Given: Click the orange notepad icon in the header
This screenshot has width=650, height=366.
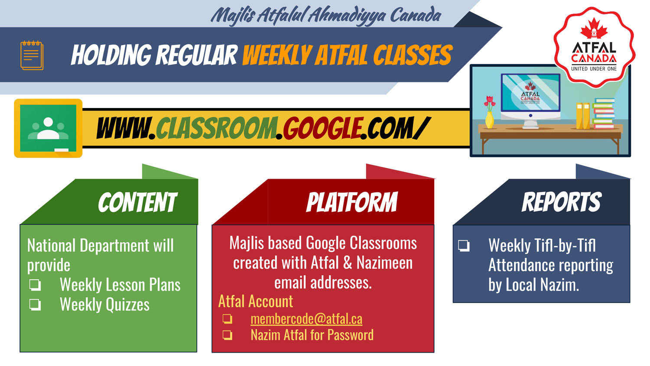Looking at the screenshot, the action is tap(32, 55).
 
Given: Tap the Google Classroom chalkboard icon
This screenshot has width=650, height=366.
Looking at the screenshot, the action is tap(48, 128).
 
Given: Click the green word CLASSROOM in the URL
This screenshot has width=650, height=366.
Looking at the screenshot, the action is tap(217, 128).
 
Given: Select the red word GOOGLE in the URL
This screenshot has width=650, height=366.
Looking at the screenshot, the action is tap(322, 128).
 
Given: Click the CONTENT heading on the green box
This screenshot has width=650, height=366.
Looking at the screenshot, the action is tap(137, 202).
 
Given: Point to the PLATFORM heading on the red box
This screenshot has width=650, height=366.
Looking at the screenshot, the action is tap(352, 202).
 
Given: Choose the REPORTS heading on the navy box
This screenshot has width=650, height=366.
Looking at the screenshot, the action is tap(562, 202).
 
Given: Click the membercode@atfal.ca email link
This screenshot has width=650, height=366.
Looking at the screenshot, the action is tap(306, 319).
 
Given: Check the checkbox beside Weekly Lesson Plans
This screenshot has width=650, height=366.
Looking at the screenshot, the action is tap(35, 285).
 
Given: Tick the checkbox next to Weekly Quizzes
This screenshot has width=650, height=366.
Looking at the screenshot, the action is tap(35, 305).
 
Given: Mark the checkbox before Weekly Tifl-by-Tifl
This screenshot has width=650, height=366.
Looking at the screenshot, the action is tap(464, 245).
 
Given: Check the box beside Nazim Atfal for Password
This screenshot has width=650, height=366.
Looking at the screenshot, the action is tap(227, 335).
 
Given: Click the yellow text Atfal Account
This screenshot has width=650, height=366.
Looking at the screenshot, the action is tap(256, 301).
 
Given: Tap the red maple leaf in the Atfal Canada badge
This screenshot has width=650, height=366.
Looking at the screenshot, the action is tap(594, 28).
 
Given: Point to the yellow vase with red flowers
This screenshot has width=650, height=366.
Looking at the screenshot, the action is tap(490, 112).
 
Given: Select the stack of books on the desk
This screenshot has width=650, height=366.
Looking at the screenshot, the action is tap(604, 114).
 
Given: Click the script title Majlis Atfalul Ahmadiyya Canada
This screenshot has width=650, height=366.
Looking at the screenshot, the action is tap(326, 15).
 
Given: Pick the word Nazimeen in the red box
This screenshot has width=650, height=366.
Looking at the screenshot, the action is tap(384, 263).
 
